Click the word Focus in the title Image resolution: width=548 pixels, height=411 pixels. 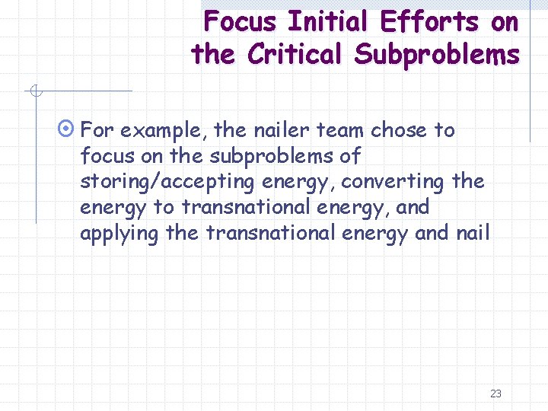point(241,21)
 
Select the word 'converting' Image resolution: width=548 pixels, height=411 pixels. point(390,182)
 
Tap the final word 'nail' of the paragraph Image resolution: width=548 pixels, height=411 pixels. point(474,233)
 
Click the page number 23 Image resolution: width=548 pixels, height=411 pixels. point(495,393)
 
